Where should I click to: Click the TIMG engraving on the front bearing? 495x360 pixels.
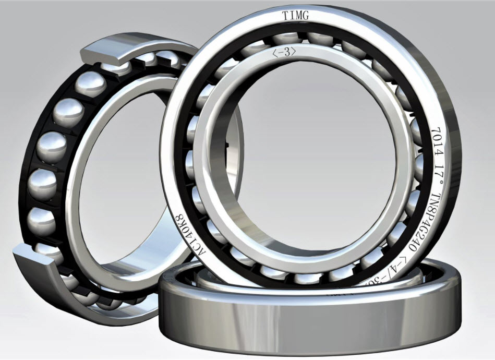(x=296, y=16)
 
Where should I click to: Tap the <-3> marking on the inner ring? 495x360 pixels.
(x=284, y=52)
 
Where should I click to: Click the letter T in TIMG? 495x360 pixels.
(x=285, y=17)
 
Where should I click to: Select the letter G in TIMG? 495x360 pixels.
(x=306, y=17)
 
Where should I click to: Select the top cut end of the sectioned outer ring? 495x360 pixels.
(x=104, y=51)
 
